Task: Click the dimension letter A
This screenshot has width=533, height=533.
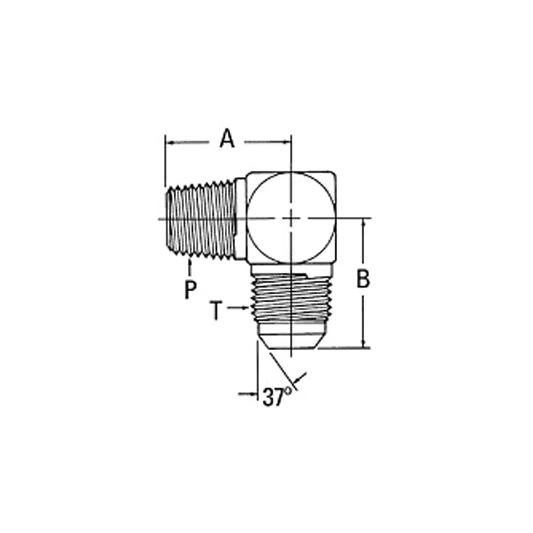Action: coord(227,138)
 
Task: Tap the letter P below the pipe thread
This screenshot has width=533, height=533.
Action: coord(190,290)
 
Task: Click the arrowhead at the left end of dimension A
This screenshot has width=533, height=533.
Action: coord(169,143)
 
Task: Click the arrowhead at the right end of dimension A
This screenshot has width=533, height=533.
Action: coord(287,142)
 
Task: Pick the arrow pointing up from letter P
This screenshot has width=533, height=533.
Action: coord(190,267)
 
